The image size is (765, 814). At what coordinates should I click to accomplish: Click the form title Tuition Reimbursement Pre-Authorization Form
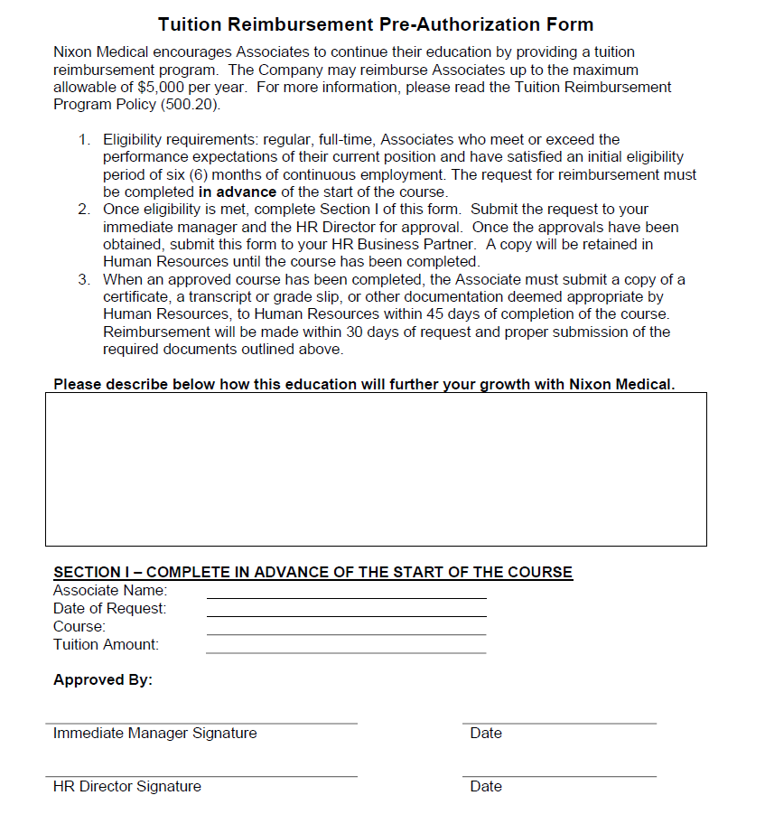[376, 24]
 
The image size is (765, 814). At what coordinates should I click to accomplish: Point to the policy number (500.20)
[192, 104]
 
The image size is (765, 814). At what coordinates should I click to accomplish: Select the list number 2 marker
[83, 210]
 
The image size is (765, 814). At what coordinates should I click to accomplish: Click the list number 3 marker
[83, 279]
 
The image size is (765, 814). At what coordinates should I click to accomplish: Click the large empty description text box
[376, 469]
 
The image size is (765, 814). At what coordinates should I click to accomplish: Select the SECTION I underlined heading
[313, 572]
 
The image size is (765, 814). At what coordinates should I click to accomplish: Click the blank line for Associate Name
[346, 597]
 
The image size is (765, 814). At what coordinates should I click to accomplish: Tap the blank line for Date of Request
[346, 615]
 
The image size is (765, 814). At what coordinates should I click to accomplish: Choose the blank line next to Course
[346, 633]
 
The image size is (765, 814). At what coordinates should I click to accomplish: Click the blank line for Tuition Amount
[346, 651]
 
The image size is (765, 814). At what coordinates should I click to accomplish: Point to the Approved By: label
[103, 679]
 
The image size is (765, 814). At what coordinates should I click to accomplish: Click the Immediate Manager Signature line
[201, 722]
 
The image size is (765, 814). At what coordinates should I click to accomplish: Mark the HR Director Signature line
[201, 775]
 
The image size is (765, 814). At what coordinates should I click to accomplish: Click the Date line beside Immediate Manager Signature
[559, 722]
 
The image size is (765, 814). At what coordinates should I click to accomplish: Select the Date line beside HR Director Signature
[559, 775]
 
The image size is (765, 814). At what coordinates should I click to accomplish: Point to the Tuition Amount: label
[106, 644]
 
